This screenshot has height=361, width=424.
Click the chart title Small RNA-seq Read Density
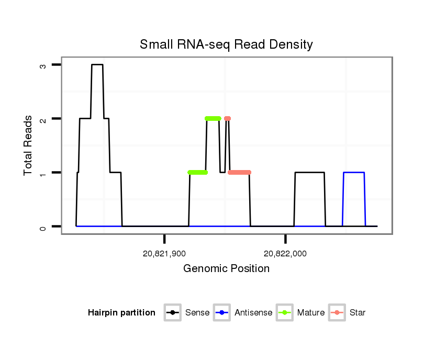click(226, 44)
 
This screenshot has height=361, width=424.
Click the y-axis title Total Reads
click(29, 145)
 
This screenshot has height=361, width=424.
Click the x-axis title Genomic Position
click(226, 269)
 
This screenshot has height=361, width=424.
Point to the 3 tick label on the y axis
click(42, 65)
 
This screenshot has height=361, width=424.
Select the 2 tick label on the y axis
click(42, 119)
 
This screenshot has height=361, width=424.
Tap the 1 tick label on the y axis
click(42, 173)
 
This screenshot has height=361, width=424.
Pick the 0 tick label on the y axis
click(42, 227)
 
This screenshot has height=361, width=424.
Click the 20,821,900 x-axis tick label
click(164, 254)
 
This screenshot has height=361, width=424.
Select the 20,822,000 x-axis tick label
click(285, 254)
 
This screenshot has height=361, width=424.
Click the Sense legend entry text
click(197, 313)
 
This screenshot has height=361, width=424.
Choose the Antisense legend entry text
click(253, 313)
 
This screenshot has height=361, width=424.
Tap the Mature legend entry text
click(311, 313)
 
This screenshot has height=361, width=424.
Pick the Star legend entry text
click(358, 313)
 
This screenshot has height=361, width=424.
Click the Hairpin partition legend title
click(121, 313)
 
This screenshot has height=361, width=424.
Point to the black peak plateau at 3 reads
click(97, 65)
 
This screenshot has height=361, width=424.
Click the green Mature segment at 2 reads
click(213, 119)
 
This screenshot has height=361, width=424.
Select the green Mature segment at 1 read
click(197, 172)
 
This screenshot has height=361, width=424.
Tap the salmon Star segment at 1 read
click(240, 172)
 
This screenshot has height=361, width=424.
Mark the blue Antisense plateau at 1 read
click(354, 172)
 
